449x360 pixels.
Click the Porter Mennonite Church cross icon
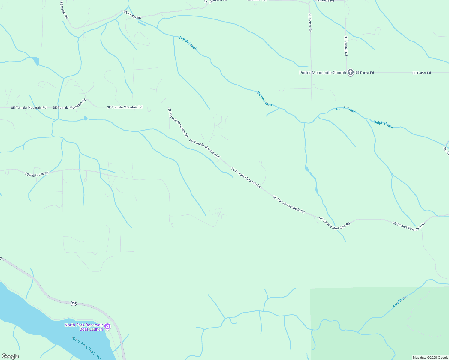click(350, 72)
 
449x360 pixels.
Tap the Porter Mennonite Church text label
click(322, 73)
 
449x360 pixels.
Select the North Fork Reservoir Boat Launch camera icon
click(107, 327)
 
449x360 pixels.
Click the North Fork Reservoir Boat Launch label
click(83, 327)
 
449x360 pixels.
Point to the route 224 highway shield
click(74, 303)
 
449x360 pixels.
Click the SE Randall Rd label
click(346, 46)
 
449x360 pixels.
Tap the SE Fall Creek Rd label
click(37, 174)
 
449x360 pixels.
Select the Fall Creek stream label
click(400, 301)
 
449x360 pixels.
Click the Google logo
click(10, 356)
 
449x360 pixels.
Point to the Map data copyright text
click(430, 358)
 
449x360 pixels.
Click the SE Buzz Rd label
click(326, 1)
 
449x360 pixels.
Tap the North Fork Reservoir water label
click(86, 347)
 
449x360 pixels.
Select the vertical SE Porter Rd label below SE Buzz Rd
click(310, 23)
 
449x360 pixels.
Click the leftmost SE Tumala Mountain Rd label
click(29, 107)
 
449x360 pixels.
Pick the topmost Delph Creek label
click(188, 43)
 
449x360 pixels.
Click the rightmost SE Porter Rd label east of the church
click(421, 73)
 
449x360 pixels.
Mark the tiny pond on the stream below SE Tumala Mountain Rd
click(85, 118)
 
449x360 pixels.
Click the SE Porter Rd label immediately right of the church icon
click(365, 73)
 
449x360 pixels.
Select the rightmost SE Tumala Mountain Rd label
click(408, 226)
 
